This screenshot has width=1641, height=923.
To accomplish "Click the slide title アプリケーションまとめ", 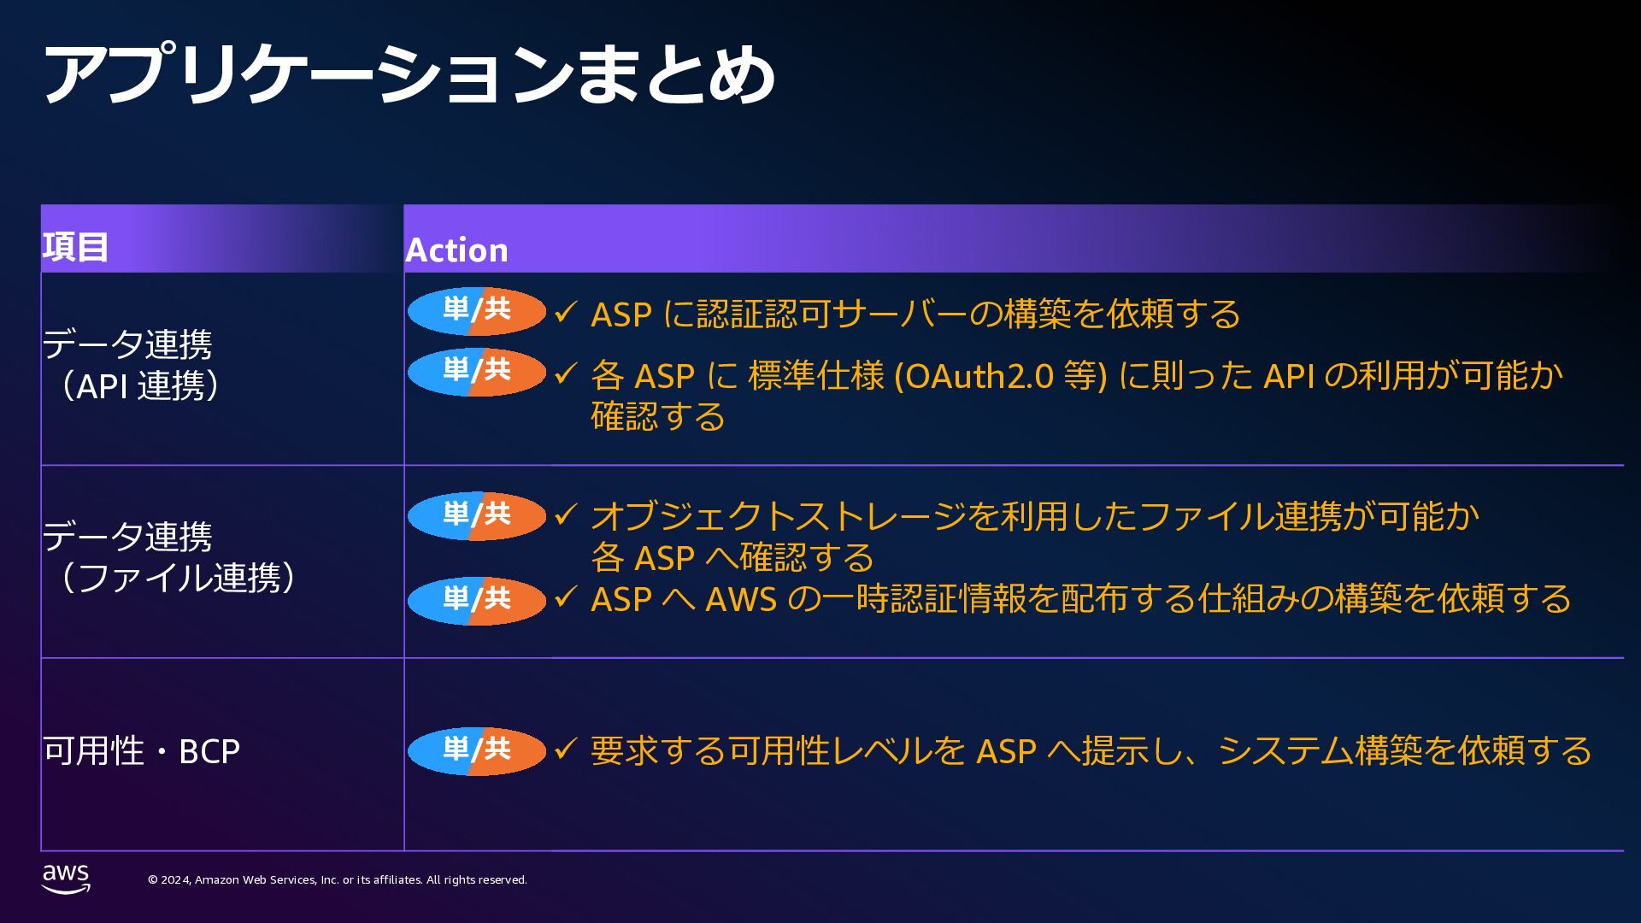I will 409,75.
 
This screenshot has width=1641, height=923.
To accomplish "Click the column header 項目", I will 75,247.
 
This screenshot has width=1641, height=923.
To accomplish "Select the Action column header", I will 456,250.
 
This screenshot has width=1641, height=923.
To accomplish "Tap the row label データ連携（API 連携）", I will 132,365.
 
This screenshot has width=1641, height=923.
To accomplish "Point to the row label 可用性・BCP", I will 141,751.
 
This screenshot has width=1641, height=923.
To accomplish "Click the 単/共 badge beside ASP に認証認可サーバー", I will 476,311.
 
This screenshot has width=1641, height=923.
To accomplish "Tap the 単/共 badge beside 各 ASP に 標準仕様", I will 476,372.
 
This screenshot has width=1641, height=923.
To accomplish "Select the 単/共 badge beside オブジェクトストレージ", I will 476,516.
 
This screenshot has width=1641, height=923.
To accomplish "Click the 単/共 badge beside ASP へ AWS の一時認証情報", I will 476,601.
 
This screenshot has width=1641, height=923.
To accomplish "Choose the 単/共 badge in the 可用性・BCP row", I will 476,751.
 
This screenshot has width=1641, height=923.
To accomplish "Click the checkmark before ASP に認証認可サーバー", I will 566,312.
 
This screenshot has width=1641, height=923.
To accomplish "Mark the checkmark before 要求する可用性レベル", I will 566,750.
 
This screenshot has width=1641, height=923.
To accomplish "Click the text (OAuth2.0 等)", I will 1000,376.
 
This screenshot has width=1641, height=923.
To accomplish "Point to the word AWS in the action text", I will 740,600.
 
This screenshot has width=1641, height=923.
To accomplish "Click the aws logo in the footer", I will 66,878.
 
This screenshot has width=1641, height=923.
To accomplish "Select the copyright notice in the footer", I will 337,879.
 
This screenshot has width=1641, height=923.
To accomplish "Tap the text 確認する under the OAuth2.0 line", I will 658,417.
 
